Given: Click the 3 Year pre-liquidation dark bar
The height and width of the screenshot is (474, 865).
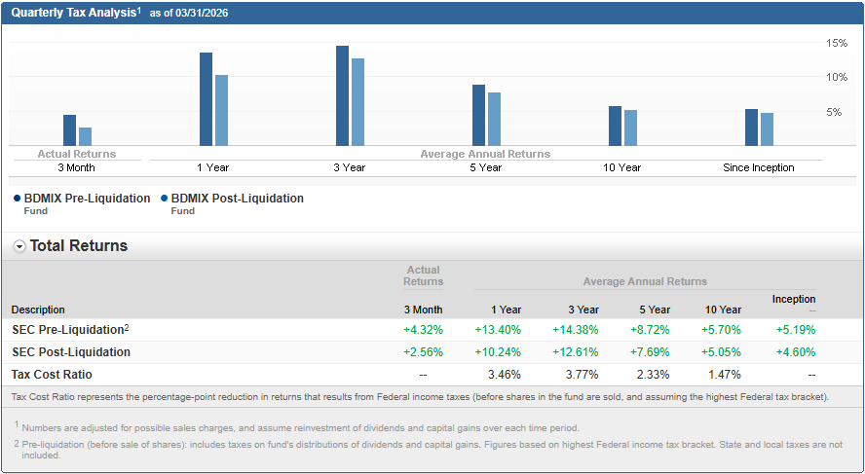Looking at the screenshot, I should pyautogui.click(x=342, y=95).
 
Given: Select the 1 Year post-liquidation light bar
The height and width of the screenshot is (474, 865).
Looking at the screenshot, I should pyautogui.click(x=221, y=110).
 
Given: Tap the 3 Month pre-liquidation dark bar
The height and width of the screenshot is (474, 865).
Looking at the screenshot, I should pyautogui.click(x=69, y=130).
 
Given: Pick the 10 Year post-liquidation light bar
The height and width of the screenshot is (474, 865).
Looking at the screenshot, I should pyautogui.click(x=630, y=128).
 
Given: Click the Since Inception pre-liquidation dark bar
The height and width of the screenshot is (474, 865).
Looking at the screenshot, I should pyautogui.click(x=751, y=128).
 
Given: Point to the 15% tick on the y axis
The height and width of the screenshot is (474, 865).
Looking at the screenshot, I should pyautogui.click(x=836, y=43).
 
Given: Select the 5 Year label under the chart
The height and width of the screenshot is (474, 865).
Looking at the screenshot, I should pyautogui.click(x=485, y=167).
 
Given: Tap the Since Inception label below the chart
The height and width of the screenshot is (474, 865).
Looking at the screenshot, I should pyautogui.click(x=758, y=167).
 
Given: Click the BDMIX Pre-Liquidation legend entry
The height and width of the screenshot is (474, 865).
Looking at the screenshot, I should pyautogui.click(x=87, y=199).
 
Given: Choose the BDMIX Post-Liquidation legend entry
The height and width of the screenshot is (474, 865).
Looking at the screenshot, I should pyautogui.click(x=237, y=199).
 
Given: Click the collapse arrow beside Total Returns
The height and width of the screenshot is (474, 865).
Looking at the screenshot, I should pyautogui.click(x=19, y=246).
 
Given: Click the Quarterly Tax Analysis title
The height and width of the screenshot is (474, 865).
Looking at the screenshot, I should pyautogui.click(x=74, y=13).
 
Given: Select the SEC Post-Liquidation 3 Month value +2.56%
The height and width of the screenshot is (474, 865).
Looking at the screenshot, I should pyautogui.click(x=423, y=352).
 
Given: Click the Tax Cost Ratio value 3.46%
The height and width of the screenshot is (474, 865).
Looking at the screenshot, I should pyautogui.click(x=504, y=375).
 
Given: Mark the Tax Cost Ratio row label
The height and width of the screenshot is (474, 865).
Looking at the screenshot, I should pyautogui.click(x=52, y=375).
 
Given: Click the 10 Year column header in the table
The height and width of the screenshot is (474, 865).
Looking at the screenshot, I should pyautogui.click(x=723, y=310).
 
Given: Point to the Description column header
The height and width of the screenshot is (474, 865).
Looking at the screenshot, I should pyautogui.click(x=38, y=310).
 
